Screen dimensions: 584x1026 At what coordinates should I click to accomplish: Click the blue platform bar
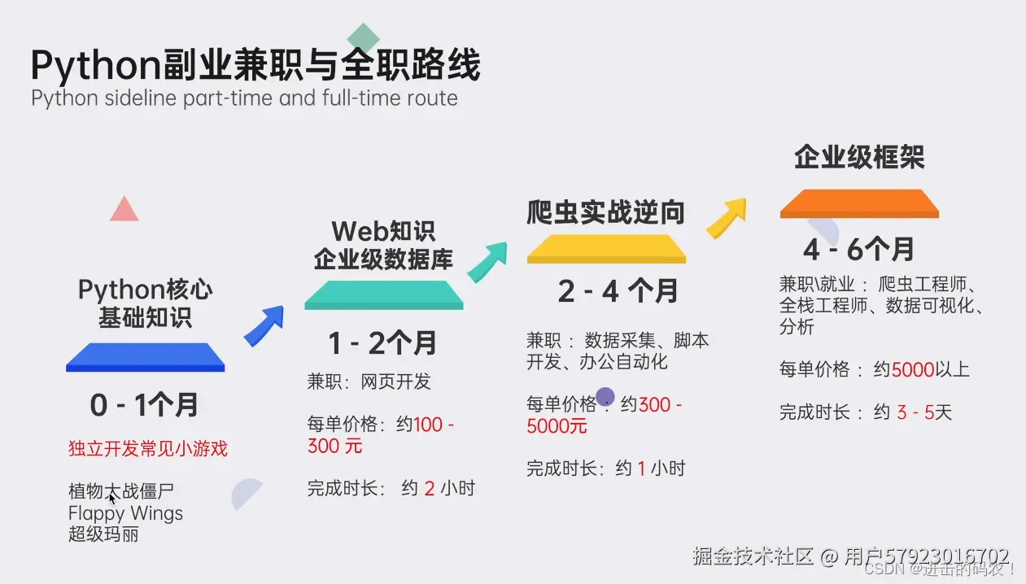tap(145, 357)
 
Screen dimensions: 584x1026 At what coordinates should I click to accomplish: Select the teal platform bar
tap(383, 294)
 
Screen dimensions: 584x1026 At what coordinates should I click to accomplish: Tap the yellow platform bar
tap(606, 249)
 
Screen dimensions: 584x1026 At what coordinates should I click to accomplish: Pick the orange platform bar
tap(859, 203)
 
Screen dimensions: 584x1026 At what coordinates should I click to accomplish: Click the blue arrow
tap(264, 325)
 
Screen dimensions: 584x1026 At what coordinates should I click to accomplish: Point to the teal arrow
tap(487, 261)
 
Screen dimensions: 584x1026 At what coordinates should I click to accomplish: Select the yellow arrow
tap(726, 216)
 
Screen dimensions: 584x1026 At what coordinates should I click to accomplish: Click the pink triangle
tap(124, 210)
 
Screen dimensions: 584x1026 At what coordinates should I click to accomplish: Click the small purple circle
tap(605, 397)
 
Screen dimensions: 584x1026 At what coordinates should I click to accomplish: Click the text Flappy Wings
tap(125, 514)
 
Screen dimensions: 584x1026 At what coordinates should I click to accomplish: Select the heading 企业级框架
tap(859, 158)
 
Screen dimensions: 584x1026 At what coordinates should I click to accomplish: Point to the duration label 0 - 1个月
tap(144, 405)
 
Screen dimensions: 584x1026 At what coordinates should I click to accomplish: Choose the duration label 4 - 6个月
tap(859, 249)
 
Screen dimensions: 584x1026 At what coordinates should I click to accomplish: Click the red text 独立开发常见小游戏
tap(148, 448)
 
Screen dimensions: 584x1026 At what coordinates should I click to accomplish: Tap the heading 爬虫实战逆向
tap(605, 212)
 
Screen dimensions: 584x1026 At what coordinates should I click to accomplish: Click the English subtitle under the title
tap(244, 98)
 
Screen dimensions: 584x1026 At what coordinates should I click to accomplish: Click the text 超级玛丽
tap(103, 534)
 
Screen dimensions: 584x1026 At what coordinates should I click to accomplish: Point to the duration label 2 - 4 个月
tap(618, 291)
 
